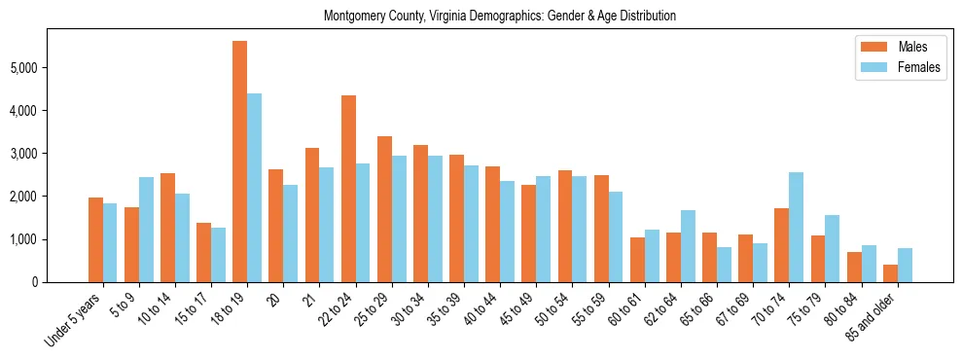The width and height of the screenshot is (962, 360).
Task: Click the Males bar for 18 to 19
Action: click(239, 162)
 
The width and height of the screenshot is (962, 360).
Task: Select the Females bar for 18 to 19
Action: click(254, 188)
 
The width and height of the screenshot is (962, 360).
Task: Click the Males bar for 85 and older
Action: click(890, 273)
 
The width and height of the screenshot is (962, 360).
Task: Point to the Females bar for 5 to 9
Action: click(146, 230)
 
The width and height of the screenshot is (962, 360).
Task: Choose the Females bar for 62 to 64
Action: click(688, 246)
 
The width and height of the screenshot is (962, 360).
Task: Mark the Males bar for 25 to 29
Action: click(384, 209)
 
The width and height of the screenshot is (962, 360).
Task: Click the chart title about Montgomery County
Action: click(500, 16)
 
